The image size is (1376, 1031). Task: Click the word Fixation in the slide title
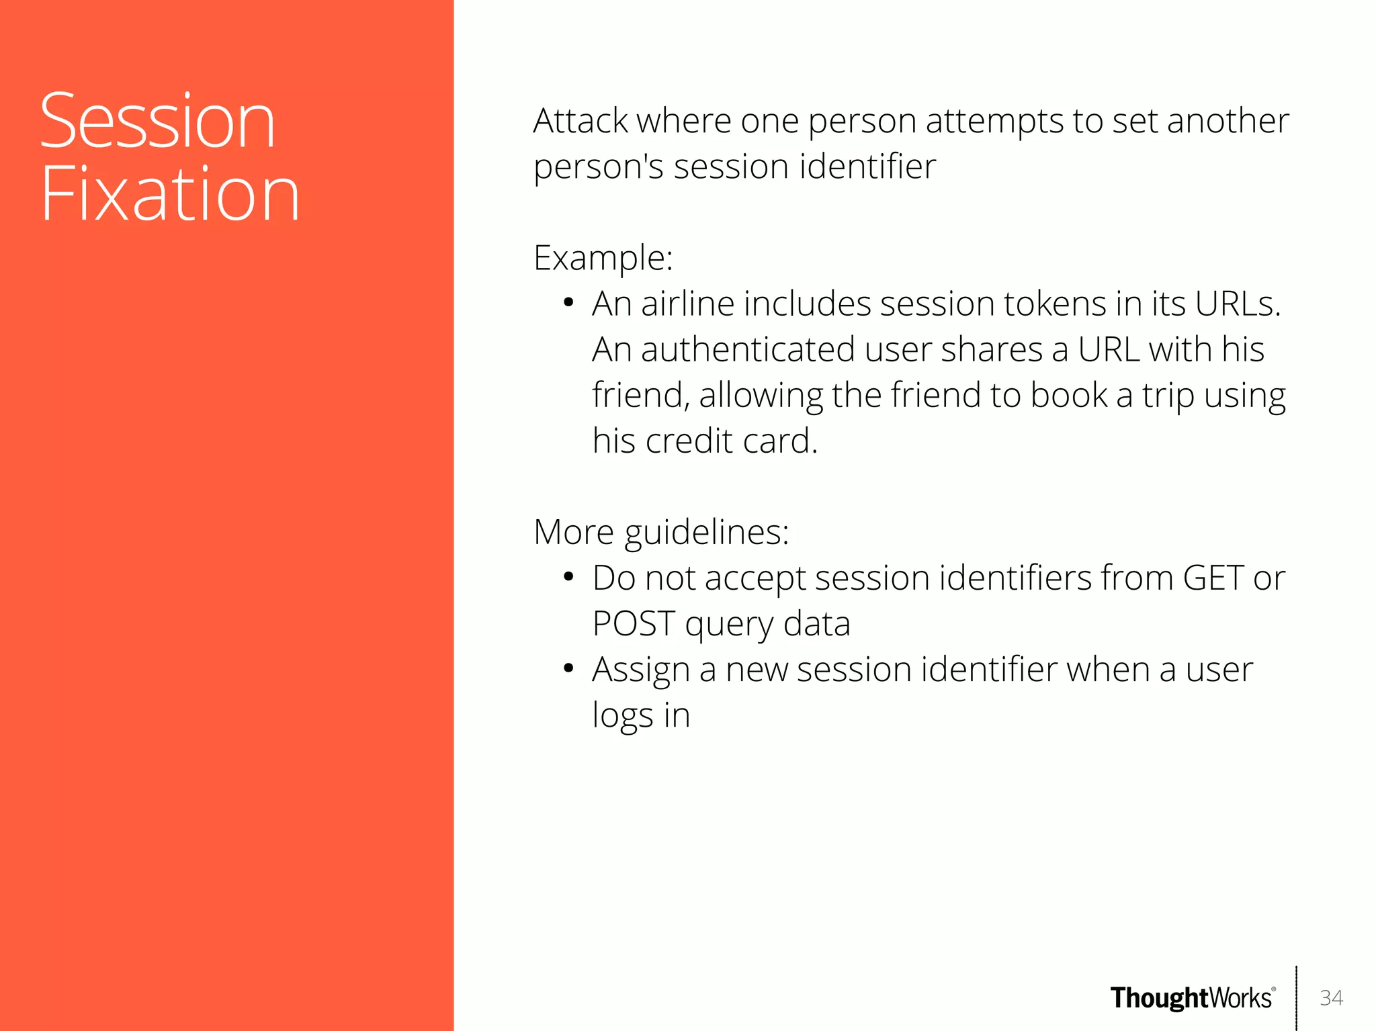[169, 195]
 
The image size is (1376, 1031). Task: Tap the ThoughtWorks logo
[1192, 998]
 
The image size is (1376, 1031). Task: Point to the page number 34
[1331, 998]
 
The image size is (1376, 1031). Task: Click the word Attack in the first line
[580, 122]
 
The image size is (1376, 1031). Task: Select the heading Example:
[603, 258]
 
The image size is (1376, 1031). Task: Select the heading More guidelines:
[661, 533]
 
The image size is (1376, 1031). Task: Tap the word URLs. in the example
[1238, 304]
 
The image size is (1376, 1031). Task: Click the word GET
[1213, 578]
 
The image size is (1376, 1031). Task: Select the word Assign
[640, 670]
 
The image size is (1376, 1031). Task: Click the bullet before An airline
[568, 304]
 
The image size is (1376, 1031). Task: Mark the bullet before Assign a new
[568, 670]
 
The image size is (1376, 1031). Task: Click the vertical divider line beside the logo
[1296, 998]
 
